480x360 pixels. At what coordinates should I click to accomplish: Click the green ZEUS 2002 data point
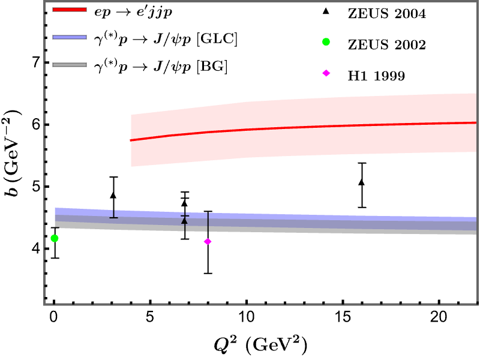click(x=55, y=238)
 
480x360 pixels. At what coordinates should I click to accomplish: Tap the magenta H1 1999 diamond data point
click(x=208, y=242)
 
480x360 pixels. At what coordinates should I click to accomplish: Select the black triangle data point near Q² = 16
click(x=362, y=182)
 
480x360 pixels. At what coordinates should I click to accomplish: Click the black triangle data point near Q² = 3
click(x=113, y=195)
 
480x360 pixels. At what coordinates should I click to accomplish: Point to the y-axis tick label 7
click(x=37, y=62)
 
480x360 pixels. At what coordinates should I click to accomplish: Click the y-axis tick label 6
click(x=37, y=125)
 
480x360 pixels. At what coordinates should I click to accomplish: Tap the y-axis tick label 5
click(x=37, y=187)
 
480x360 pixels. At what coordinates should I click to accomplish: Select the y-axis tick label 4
click(x=37, y=248)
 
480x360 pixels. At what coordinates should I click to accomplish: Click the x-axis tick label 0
click(x=54, y=317)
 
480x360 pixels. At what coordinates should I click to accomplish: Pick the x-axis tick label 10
click(x=247, y=317)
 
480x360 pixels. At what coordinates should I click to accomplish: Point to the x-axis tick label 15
click(x=343, y=317)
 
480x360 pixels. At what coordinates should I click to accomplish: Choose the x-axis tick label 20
click(x=439, y=317)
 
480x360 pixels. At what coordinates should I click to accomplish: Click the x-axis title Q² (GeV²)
click(x=260, y=345)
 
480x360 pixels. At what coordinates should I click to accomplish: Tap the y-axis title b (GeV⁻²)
click(x=11, y=152)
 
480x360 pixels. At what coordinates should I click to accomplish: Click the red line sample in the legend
click(x=70, y=10)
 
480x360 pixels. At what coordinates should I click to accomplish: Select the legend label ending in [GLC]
click(x=166, y=40)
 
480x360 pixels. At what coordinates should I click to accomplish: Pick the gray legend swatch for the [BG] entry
click(x=70, y=65)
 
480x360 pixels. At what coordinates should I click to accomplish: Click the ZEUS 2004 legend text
click(x=386, y=14)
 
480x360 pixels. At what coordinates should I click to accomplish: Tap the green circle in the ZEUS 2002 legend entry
click(x=326, y=42)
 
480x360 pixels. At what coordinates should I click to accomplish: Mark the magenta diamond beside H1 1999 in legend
click(x=326, y=73)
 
